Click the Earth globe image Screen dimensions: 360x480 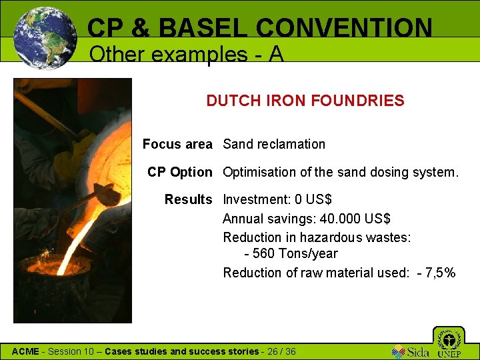[44, 38]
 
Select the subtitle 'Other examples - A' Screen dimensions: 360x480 [186, 54]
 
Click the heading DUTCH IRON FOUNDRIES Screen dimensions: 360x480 [305, 101]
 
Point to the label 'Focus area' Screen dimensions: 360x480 [177, 144]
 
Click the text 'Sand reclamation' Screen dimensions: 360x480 [274, 144]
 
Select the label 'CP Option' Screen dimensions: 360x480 [180, 172]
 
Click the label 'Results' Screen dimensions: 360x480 [188, 199]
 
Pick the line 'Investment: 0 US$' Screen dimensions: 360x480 [277, 199]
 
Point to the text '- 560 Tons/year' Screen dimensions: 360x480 [291, 253]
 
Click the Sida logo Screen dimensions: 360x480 [410, 351]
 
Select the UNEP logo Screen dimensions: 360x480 [449, 343]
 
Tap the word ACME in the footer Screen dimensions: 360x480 [26, 351]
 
